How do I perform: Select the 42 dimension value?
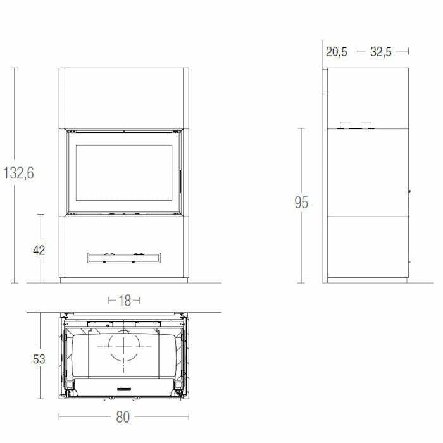click(x=39, y=249)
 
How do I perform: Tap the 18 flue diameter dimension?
click(x=124, y=301)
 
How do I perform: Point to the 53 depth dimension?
click(x=39, y=359)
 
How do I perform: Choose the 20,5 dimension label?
click(x=337, y=52)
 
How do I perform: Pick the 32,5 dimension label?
click(x=381, y=52)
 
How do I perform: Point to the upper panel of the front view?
click(x=123, y=98)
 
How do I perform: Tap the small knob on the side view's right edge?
click(x=409, y=191)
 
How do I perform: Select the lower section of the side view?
click(x=366, y=247)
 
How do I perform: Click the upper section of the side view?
click(x=366, y=95)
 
